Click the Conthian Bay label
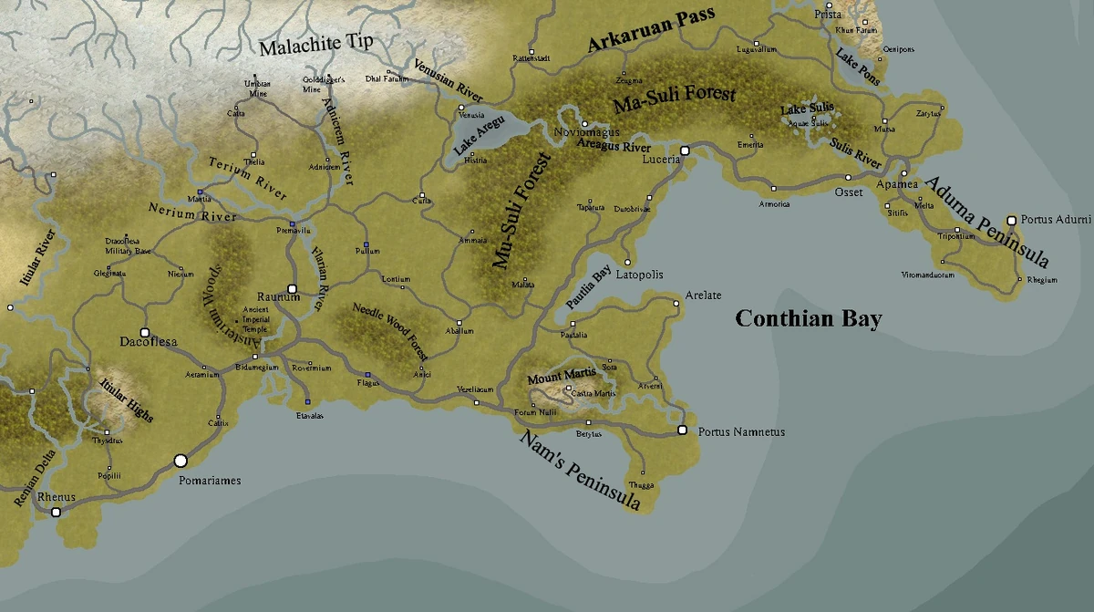[809, 318]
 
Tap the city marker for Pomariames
[181, 462]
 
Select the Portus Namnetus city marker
[681, 430]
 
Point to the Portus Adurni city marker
[1010, 220]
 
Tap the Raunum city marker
[293, 288]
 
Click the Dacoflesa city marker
[144, 332]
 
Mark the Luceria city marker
[685, 149]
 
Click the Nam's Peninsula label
[579, 471]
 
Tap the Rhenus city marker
[57, 513]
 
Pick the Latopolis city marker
[627, 263]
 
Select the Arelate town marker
[676, 305]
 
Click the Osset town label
[849, 192]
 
